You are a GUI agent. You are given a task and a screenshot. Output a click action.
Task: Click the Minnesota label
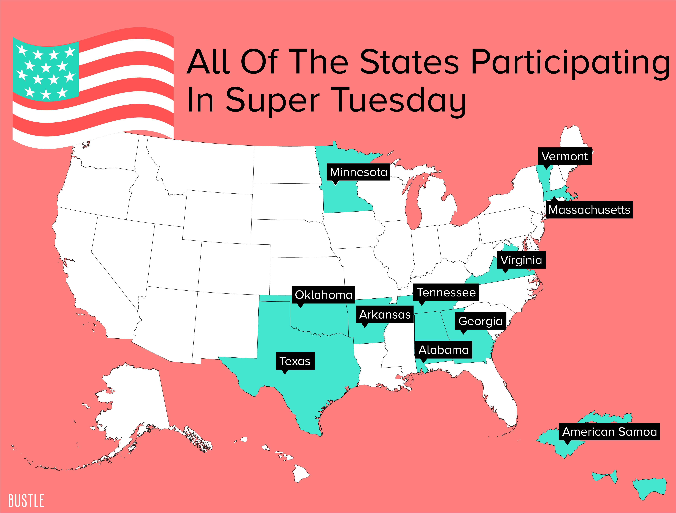(x=358, y=172)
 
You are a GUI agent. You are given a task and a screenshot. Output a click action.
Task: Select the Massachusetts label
(x=589, y=210)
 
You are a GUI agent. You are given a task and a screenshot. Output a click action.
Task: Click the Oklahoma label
(x=324, y=295)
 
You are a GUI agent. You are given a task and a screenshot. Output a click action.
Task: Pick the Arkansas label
(x=385, y=315)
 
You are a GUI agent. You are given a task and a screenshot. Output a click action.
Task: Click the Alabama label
(x=443, y=350)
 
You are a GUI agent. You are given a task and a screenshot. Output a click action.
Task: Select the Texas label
(x=295, y=361)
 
